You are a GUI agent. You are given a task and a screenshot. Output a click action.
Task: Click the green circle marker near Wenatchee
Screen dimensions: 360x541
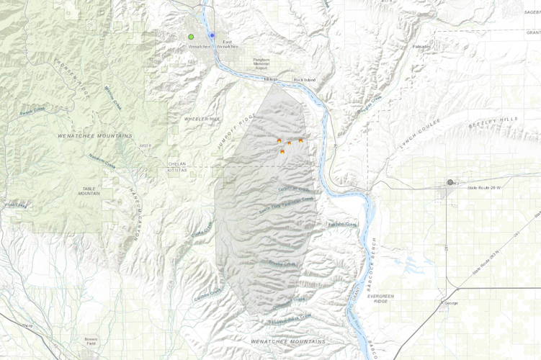(191, 37)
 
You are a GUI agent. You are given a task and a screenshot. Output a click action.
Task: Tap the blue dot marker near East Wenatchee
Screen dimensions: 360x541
(212, 35)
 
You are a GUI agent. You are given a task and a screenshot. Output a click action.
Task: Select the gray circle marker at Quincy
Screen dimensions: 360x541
(450, 182)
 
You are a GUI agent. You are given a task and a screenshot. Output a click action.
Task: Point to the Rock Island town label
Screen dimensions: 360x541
(305, 79)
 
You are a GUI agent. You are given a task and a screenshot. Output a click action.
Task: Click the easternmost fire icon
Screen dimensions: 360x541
(300, 140)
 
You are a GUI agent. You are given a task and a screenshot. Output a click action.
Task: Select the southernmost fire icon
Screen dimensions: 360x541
(282, 152)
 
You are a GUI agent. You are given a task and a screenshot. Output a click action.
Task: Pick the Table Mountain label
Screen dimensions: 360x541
(89, 191)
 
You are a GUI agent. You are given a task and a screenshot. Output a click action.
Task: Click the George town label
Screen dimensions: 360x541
(451, 303)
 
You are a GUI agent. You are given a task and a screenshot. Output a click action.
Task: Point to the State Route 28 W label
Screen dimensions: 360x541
(484, 187)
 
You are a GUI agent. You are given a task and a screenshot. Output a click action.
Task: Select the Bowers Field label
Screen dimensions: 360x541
(91, 341)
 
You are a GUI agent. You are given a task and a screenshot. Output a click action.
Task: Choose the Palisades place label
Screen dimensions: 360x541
(421, 47)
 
